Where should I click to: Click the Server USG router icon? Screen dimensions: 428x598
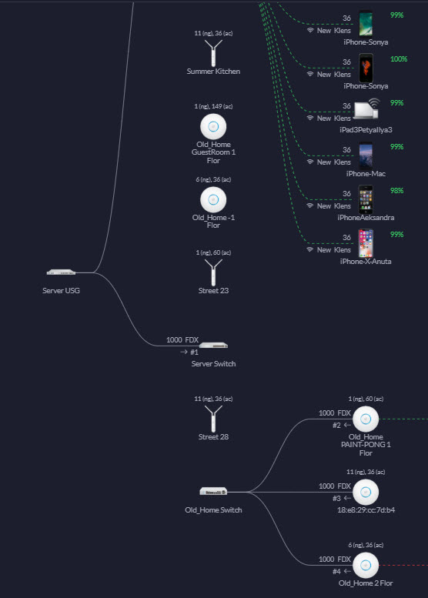61,272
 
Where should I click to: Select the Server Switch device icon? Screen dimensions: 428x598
213,346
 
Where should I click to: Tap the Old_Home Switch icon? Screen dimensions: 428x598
213,491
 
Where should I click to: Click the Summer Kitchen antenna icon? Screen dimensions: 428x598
213,53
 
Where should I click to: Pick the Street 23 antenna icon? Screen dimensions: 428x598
213,272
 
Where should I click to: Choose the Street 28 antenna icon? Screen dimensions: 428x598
213,419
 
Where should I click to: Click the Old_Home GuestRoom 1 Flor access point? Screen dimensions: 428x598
213,126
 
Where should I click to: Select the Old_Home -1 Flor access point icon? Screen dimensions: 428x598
213,199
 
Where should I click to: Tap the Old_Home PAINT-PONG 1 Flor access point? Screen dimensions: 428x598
366,419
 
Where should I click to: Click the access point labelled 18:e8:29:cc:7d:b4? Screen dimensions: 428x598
366,492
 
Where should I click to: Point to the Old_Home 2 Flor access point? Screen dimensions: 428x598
366,565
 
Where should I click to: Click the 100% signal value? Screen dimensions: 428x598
399,59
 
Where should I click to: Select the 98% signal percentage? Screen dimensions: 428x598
396,191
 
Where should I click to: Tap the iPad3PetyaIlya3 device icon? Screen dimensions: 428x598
366,109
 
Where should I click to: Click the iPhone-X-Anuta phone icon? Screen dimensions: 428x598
366,243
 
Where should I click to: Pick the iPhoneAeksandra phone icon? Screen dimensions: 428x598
366,199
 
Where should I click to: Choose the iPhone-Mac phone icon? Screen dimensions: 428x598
366,155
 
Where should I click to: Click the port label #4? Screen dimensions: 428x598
336,571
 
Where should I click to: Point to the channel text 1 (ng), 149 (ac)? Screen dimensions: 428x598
213,106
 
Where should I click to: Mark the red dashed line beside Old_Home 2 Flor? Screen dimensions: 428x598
403,565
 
